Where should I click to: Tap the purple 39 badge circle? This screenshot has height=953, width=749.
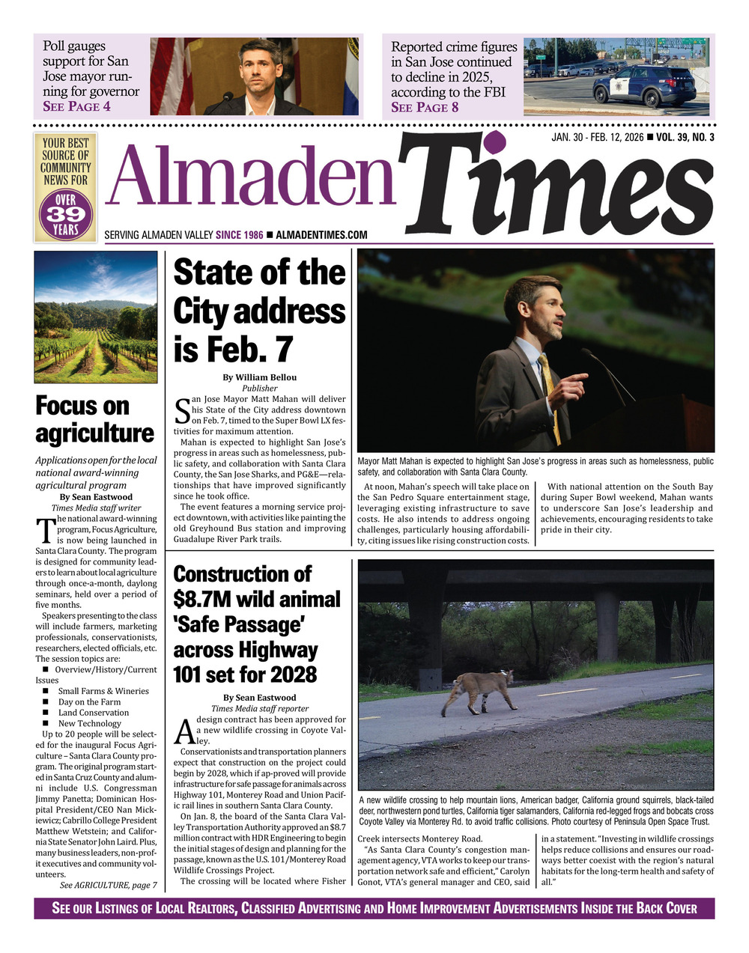tap(66, 214)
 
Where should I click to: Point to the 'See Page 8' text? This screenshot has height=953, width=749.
tap(425, 107)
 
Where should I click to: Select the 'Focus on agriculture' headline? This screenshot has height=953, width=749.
tap(94, 419)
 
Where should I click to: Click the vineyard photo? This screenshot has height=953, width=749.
tap(96, 317)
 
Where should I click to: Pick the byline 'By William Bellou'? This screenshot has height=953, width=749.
tap(259, 377)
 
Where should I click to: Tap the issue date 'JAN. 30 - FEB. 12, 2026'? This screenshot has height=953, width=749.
tap(597, 137)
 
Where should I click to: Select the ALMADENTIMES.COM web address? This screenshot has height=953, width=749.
tap(321, 235)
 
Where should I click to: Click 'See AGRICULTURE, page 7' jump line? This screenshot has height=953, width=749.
tap(109, 885)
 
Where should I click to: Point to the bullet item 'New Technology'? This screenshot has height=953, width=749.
tap(89, 723)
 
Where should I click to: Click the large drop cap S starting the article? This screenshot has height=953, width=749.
tap(181, 410)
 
